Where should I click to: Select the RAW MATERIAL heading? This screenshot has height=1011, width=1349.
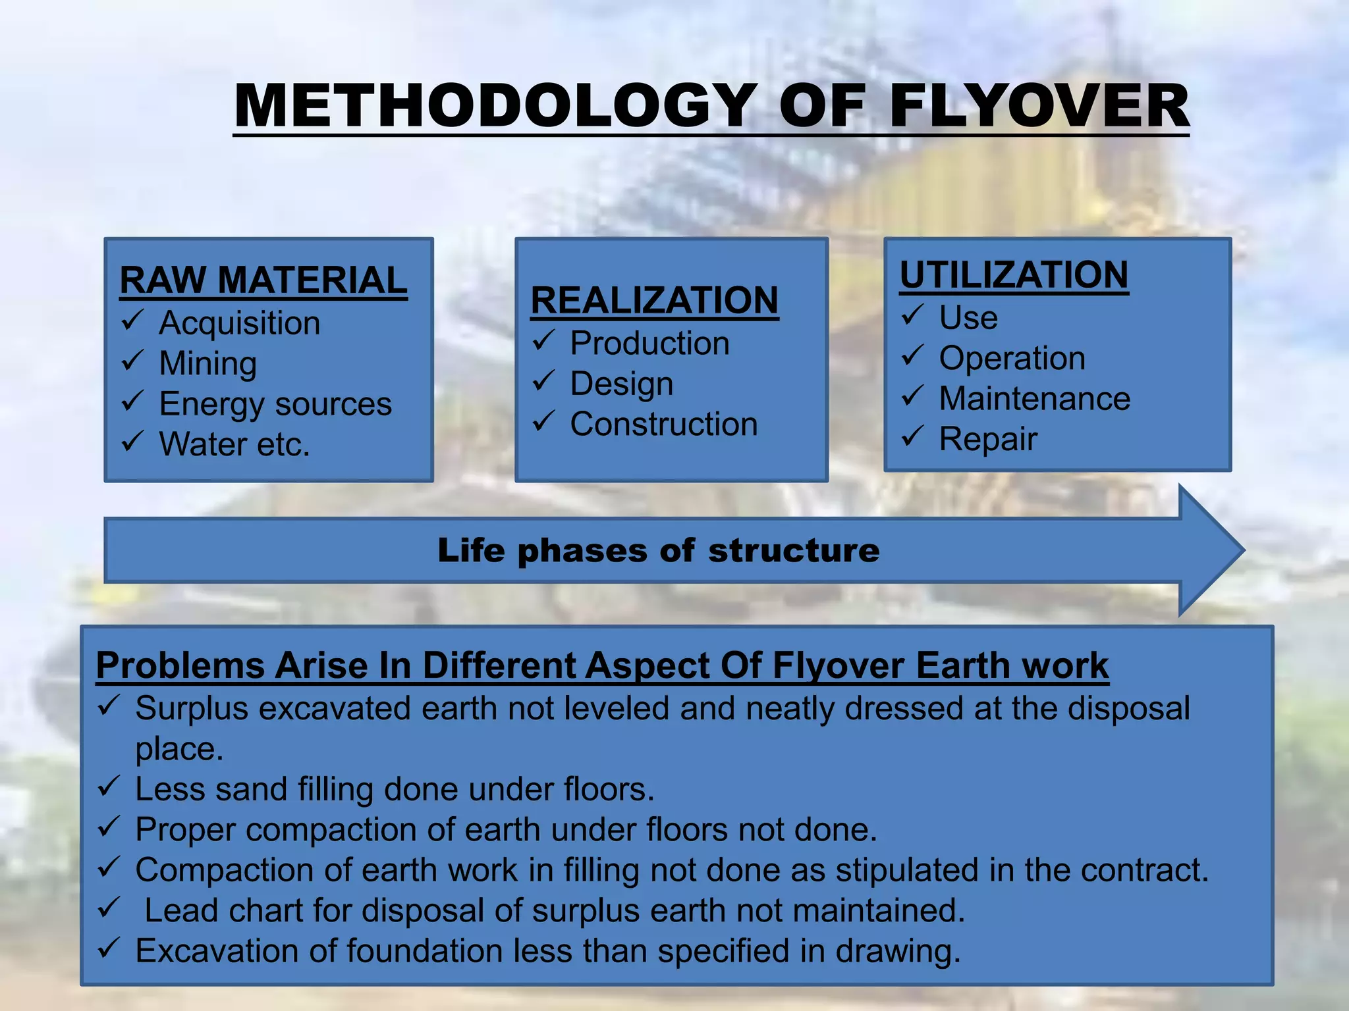pos(263,280)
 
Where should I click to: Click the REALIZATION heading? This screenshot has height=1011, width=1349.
pos(654,301)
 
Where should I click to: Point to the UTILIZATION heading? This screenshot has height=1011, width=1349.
pos(1014,275)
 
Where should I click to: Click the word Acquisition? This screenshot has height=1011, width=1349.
pos(240,323)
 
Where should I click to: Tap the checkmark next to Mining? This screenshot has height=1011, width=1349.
pos(132,361)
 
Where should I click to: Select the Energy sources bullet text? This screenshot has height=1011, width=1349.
pos(275,403)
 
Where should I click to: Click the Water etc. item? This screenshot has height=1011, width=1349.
pos(234,444)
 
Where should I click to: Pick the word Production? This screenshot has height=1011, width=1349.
pos(649,344)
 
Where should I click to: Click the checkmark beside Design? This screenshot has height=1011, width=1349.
pos(543,381)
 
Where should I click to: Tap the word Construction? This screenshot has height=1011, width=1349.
pos(663,425)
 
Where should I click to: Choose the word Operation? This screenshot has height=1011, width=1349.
pos(1012,359)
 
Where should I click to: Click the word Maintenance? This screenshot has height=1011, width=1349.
pos(1034,399)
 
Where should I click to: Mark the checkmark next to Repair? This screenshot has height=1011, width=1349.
pos(913,436)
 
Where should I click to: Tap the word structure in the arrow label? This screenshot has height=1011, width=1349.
pos(794,550)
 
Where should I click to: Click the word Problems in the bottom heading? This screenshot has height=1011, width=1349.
pos(180,665)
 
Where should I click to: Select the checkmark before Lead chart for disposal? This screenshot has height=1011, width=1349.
pos(108,908)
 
